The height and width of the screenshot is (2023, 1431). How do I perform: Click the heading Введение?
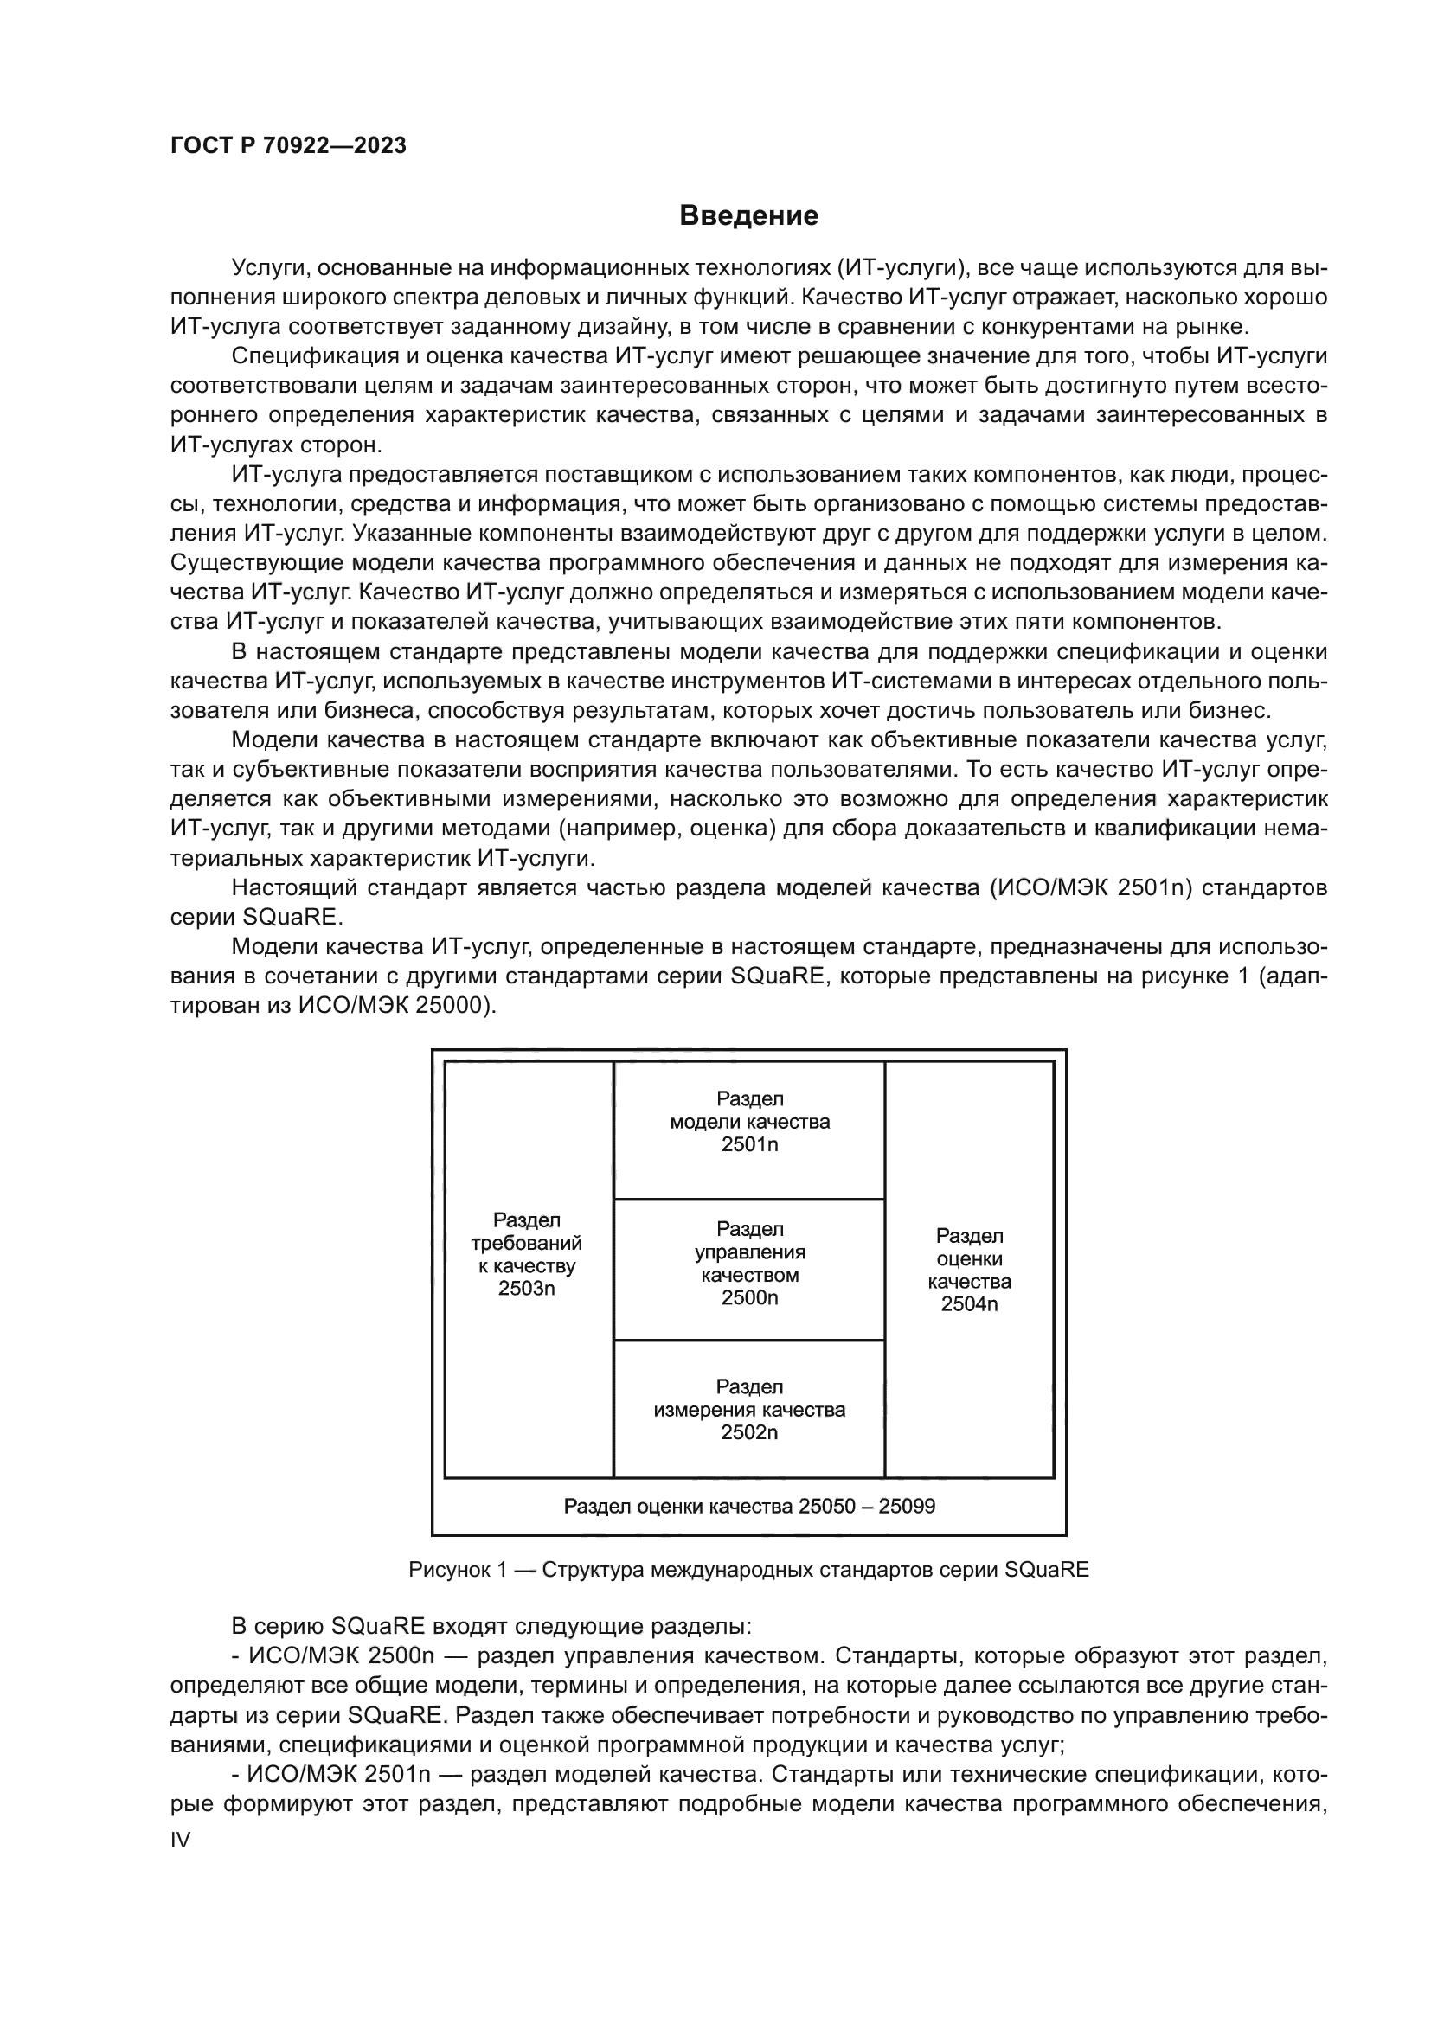[x=748, y=216]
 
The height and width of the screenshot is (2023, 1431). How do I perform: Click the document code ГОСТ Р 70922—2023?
[x=288, y=146]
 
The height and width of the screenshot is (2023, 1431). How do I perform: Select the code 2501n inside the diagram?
[x=749, y=1144]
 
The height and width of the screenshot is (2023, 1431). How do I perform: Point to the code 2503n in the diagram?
[x=526, y=1289]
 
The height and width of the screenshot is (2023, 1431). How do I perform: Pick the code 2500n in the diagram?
[x=749, y=1298]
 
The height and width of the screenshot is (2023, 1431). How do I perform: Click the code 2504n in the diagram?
[x=968, y=1305]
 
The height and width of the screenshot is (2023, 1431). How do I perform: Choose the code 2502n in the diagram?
[x=749, y=1432]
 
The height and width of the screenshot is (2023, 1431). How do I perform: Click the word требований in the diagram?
[x=526, y=1243]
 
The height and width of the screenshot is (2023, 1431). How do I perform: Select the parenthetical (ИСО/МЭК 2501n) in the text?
[x=1090, y=887]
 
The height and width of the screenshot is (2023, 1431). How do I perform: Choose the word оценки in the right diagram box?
[x=968, y=1259]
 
